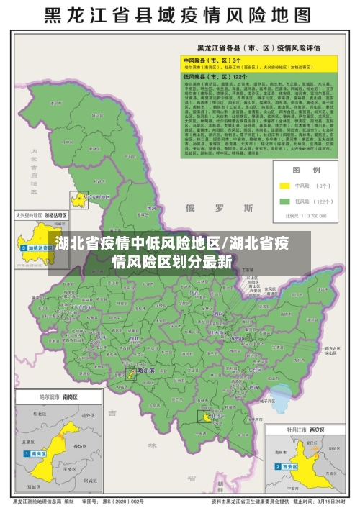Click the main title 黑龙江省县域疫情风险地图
pyautogui.click(x=180, y=15)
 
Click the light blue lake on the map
pyautogui.click(x=284, y=394)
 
